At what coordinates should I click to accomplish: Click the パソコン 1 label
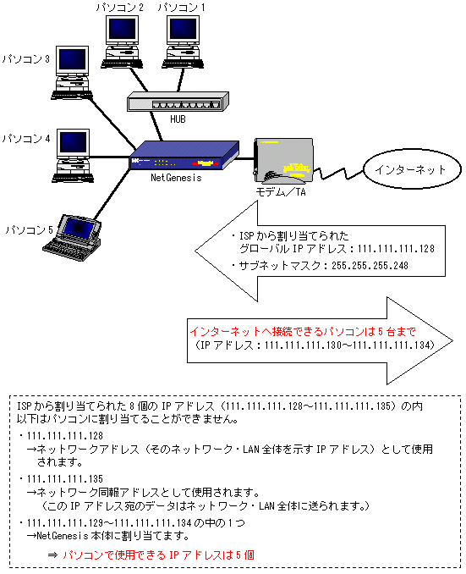click(182, 8)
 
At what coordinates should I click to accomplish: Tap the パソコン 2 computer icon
click(122, 41)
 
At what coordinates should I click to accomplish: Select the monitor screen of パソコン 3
click(72, 59)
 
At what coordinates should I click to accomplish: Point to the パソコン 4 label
click(26, 139)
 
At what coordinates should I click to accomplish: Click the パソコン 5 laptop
click(73, 238)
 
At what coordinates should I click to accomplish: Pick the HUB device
click(178, 102)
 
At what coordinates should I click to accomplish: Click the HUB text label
click(178, 119)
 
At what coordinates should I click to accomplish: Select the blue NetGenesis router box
click(184, 155)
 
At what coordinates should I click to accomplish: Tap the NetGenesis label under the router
click(176, 178)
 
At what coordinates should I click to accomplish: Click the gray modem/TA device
click(283, 160)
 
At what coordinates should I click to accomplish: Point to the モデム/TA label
click(281, 192)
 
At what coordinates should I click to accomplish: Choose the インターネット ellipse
click(412, 168)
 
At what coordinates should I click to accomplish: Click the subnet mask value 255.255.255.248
click(370, 265)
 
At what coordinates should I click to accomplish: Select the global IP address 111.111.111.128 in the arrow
click(396, 249)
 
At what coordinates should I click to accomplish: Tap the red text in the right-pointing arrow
click(303, 332)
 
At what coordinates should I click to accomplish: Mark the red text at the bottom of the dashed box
click(158, 555)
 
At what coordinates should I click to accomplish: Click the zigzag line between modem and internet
click(338, 174)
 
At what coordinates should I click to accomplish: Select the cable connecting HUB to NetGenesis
click(156, 126)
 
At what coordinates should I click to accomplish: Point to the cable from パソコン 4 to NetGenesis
click(110, 157)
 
